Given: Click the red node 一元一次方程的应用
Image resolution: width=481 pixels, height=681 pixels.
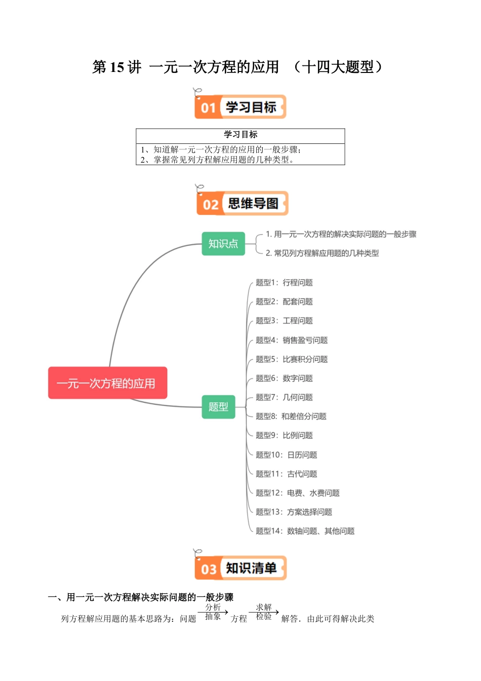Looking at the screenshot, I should [x=107, y=383].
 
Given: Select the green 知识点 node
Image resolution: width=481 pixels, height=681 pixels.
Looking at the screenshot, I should [x=223, y=244].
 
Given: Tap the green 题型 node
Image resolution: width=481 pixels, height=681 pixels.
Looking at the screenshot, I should [x=218, y=406].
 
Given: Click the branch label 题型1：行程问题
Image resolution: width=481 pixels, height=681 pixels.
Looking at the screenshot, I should [x=284, y=283].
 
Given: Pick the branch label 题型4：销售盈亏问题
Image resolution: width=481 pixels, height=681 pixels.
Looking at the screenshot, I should [x=292, y=340].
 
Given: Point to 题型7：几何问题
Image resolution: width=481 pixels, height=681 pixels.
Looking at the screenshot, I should [x=284, y=397].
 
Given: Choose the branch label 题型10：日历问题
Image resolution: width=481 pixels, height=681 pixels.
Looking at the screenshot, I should [x=286, y=455].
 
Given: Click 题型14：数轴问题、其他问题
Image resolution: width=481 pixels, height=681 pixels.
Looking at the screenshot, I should [x=305, y=531].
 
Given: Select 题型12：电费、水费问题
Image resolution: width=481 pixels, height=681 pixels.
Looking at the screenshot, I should [x=297, y=493].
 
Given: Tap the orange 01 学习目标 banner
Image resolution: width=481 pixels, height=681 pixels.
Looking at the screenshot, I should [x=240, y=107].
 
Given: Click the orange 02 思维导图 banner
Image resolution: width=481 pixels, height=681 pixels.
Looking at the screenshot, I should [x=242, y=204].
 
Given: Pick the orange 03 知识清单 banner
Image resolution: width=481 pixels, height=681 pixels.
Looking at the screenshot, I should [x=240, y=568].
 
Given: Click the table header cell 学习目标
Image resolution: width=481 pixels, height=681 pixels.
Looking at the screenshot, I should [x=240, y=135].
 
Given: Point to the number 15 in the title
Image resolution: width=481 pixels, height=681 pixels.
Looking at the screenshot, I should [x=116, y=67].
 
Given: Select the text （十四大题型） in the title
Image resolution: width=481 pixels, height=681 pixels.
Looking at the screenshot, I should [x=338, y=67].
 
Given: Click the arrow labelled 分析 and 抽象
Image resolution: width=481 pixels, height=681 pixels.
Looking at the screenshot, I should [x=213, y=612].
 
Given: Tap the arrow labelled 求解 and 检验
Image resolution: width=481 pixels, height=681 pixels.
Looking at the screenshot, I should [x=264, y=612].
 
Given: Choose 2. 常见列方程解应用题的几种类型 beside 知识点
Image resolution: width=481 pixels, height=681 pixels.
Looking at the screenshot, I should [x=322, y=253].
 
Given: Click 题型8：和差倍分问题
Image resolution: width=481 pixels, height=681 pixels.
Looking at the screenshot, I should [x=291, y=417].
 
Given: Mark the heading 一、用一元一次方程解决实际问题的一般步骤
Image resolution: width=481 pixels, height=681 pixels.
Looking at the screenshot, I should [x=141, y=597].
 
